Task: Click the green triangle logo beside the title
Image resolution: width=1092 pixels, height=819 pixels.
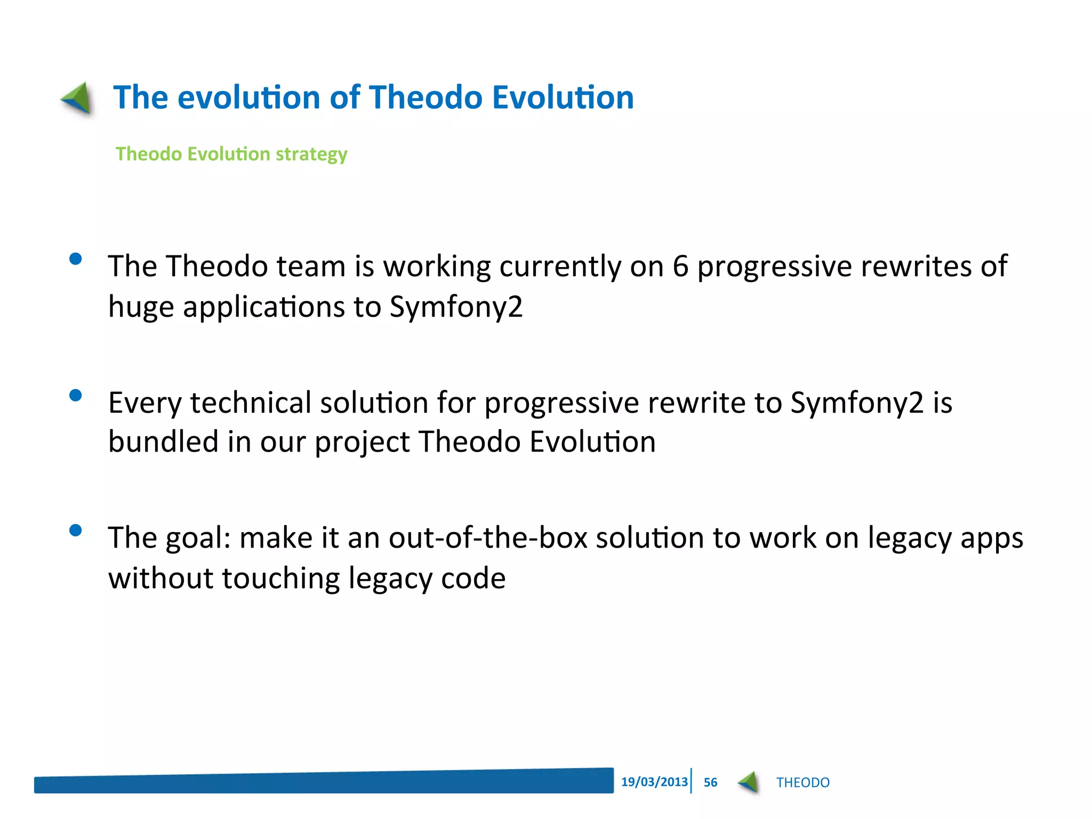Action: [78, 98]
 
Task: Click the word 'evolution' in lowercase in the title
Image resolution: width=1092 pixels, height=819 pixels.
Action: [249, 98]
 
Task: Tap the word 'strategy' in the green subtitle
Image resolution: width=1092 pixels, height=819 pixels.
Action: [311, 154]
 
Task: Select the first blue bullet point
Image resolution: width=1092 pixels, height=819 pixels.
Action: [76, 259]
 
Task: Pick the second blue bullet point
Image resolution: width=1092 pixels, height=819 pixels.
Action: [76, 396]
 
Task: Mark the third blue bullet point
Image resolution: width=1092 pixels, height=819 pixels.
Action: [76, 531]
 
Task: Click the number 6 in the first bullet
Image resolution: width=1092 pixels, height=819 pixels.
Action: [680, 266]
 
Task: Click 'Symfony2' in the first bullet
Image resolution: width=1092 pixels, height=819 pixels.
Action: [456, 308]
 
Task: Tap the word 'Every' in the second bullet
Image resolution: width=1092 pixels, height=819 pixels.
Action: [145, 403]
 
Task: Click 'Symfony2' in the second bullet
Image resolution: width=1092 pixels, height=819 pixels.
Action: [857, 403]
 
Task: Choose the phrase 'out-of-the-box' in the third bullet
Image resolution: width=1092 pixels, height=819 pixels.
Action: [488, 537]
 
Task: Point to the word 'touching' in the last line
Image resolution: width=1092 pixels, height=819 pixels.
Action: [280, 579]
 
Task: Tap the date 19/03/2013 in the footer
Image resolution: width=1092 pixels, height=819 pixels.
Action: [654, 782]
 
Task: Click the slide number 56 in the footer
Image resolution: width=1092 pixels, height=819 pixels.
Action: [710, 782]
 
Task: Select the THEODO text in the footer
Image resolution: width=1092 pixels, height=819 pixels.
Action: [802, 783]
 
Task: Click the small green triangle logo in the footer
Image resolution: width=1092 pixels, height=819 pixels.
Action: [749, 782]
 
